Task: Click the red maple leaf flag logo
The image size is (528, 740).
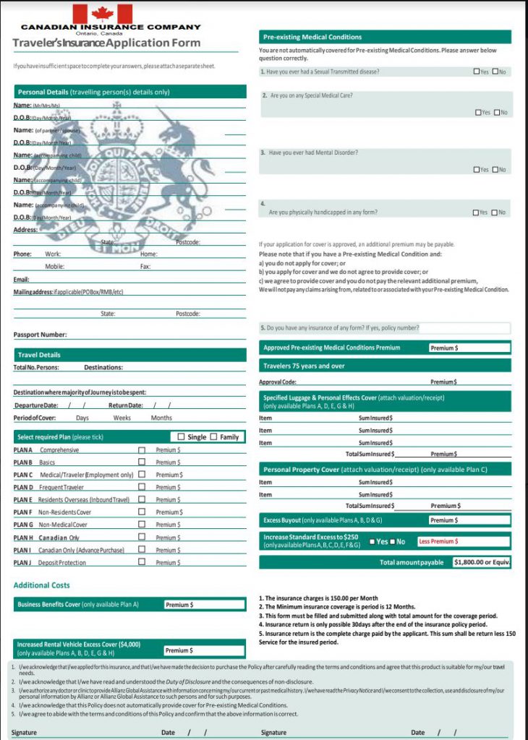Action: [103, 13]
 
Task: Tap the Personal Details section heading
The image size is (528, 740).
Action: [93, 92]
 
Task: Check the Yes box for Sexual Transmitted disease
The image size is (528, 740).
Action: [476, 72]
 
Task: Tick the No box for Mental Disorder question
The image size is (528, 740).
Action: [495, 170]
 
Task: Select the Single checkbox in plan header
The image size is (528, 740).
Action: [182, 436]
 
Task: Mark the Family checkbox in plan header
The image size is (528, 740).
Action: [214, 436]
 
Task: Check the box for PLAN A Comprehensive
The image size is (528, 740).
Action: [142, 449]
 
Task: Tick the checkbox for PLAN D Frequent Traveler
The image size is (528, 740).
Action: [142, 487]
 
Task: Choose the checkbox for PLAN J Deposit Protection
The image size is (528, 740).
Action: [142, 562]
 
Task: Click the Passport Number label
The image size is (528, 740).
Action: [40, 335]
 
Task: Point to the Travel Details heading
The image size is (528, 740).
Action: [39, 355]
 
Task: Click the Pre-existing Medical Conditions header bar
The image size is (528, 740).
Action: [385, 37]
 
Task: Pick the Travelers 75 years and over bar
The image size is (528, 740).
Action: [385, 366]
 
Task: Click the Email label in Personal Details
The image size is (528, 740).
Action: [21, 279]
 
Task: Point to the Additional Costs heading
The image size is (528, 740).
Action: [41, 585]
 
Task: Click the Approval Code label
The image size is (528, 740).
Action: [278, 382]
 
